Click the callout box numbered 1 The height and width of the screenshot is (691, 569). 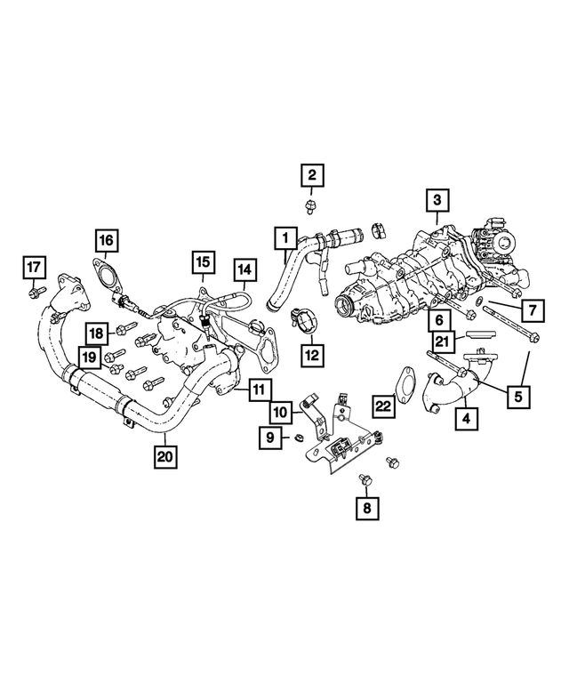point(285,237)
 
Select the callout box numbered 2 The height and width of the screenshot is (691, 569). point(311,174)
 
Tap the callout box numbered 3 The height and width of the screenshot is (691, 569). point(436,201)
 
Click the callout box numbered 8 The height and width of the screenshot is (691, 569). point(365,509)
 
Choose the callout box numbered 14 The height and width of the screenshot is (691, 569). point(244,269)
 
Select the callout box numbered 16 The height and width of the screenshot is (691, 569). point(106,240)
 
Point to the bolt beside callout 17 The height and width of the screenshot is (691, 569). point(35,291)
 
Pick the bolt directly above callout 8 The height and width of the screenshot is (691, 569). point(365,481)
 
